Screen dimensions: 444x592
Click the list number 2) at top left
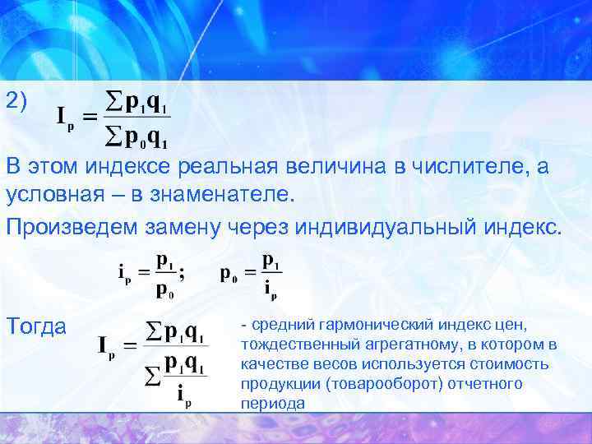[16, 101]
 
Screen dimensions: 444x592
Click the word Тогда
[36, 326]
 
